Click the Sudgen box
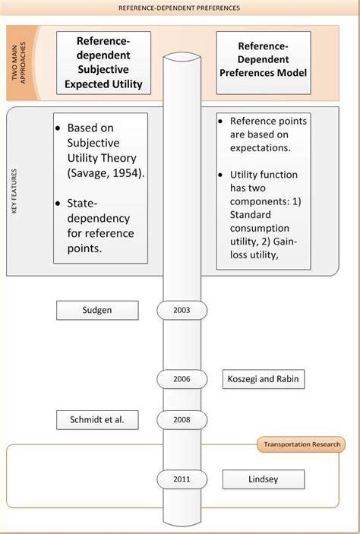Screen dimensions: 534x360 point(97,310)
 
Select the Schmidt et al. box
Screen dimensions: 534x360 point(97,419)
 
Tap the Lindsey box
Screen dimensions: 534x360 point(263,479)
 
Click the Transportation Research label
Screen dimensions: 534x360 point(301,444)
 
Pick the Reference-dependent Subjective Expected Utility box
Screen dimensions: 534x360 point(103,62)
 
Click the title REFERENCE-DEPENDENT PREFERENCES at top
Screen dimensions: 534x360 point(179,8)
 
